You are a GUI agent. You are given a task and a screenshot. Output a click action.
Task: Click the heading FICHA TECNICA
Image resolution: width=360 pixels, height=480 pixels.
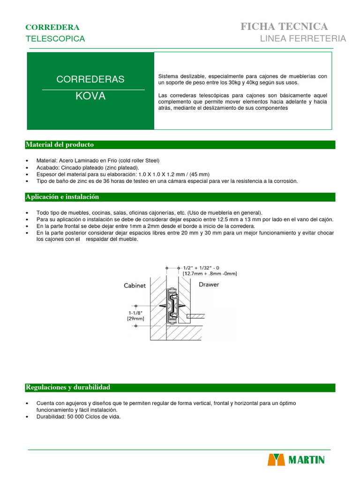pos(284,26)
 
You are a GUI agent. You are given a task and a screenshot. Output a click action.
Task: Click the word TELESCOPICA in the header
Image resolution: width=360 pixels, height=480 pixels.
pos(55,39)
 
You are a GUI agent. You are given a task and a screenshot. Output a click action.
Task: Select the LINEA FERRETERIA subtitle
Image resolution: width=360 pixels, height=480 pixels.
pos(303,38)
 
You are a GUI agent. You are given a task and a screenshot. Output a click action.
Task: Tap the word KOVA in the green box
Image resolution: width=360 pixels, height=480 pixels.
pos(90,97)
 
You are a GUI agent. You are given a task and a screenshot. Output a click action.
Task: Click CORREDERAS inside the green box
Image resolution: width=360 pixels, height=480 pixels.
pos(90,79)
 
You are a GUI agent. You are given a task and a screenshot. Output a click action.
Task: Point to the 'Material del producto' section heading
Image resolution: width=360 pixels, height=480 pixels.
pos(60,144)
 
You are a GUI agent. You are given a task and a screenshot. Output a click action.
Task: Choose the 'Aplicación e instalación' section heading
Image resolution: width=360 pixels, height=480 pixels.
pos(62,197)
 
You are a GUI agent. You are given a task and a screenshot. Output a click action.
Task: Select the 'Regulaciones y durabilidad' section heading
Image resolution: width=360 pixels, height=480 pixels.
pos(67,388)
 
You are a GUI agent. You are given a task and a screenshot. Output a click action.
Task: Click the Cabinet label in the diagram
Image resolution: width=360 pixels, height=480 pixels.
pos(135,285)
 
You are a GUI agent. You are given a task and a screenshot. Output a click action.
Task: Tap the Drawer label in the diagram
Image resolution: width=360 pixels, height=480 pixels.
pos(209,284)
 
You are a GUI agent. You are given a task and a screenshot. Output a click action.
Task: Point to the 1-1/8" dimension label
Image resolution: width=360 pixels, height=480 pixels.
pos(135,312)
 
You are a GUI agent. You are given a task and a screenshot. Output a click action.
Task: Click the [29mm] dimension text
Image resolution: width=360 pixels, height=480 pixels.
pos(135,319)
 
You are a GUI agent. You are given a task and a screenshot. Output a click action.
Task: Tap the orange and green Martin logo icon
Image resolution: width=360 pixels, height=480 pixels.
pos(276,460)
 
